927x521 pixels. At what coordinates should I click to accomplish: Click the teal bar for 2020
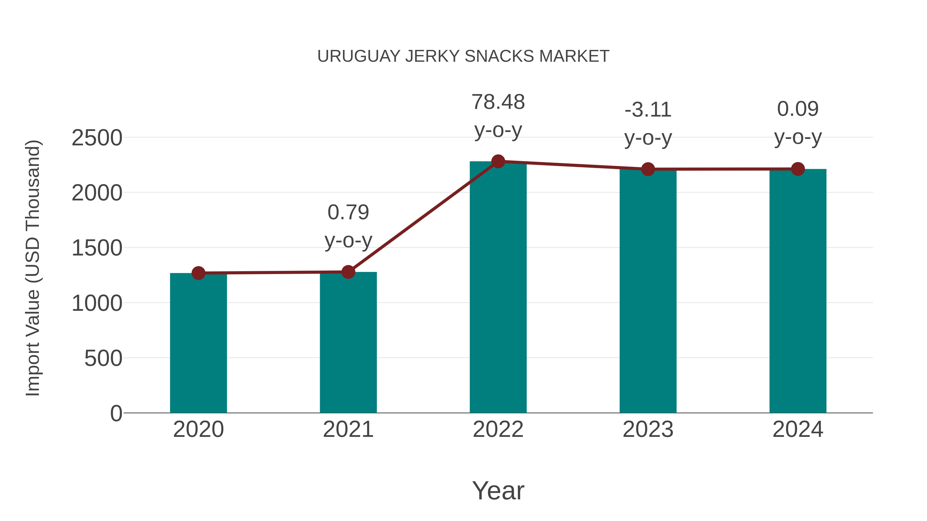198,343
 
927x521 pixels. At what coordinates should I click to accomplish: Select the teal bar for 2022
498,288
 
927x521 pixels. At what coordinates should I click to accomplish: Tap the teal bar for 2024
798,291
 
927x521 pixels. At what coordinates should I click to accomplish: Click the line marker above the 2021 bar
348,272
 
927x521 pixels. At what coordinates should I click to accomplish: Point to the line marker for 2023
648,169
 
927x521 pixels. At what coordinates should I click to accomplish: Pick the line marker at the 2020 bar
198,273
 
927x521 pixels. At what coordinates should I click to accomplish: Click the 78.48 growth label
498,102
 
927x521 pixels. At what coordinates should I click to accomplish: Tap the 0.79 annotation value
348,212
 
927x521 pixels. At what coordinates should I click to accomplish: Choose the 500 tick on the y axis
103,358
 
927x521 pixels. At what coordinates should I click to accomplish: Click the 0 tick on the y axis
116,413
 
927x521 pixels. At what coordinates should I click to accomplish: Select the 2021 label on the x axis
348,429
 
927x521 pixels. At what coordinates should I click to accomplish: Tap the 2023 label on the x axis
648,429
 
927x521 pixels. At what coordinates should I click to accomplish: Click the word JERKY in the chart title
433,56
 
